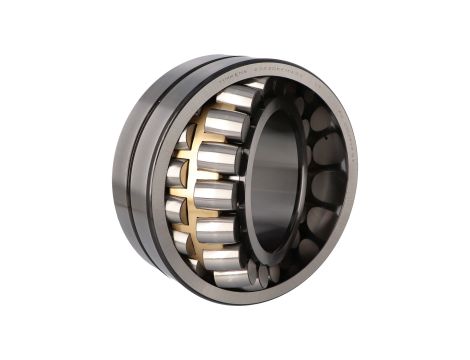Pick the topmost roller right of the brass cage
[238, 97]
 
